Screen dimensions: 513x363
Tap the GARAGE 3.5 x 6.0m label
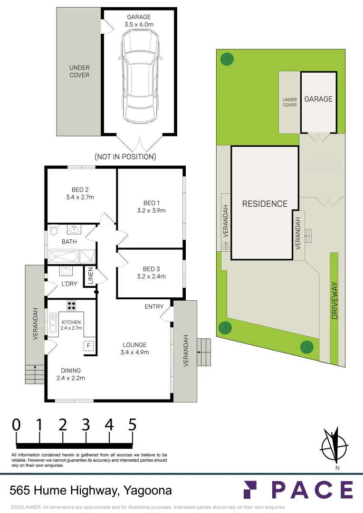pos(139,21)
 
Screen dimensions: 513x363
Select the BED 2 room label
pos(80,190)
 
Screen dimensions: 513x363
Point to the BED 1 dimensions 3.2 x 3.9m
pos(151,210)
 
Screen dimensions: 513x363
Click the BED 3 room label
pos(151,268)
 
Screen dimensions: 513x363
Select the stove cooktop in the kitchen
pos(72,306)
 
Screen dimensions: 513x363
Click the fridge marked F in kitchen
pos(88,346)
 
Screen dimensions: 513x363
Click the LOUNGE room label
pos(135,345)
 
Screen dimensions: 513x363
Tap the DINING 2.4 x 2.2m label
pos(70,374)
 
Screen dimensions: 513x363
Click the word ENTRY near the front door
pos(154,307)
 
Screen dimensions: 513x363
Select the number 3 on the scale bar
pos(86,424)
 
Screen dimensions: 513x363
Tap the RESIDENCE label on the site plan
pos(265,204)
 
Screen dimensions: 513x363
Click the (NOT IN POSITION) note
pos(125,156)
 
